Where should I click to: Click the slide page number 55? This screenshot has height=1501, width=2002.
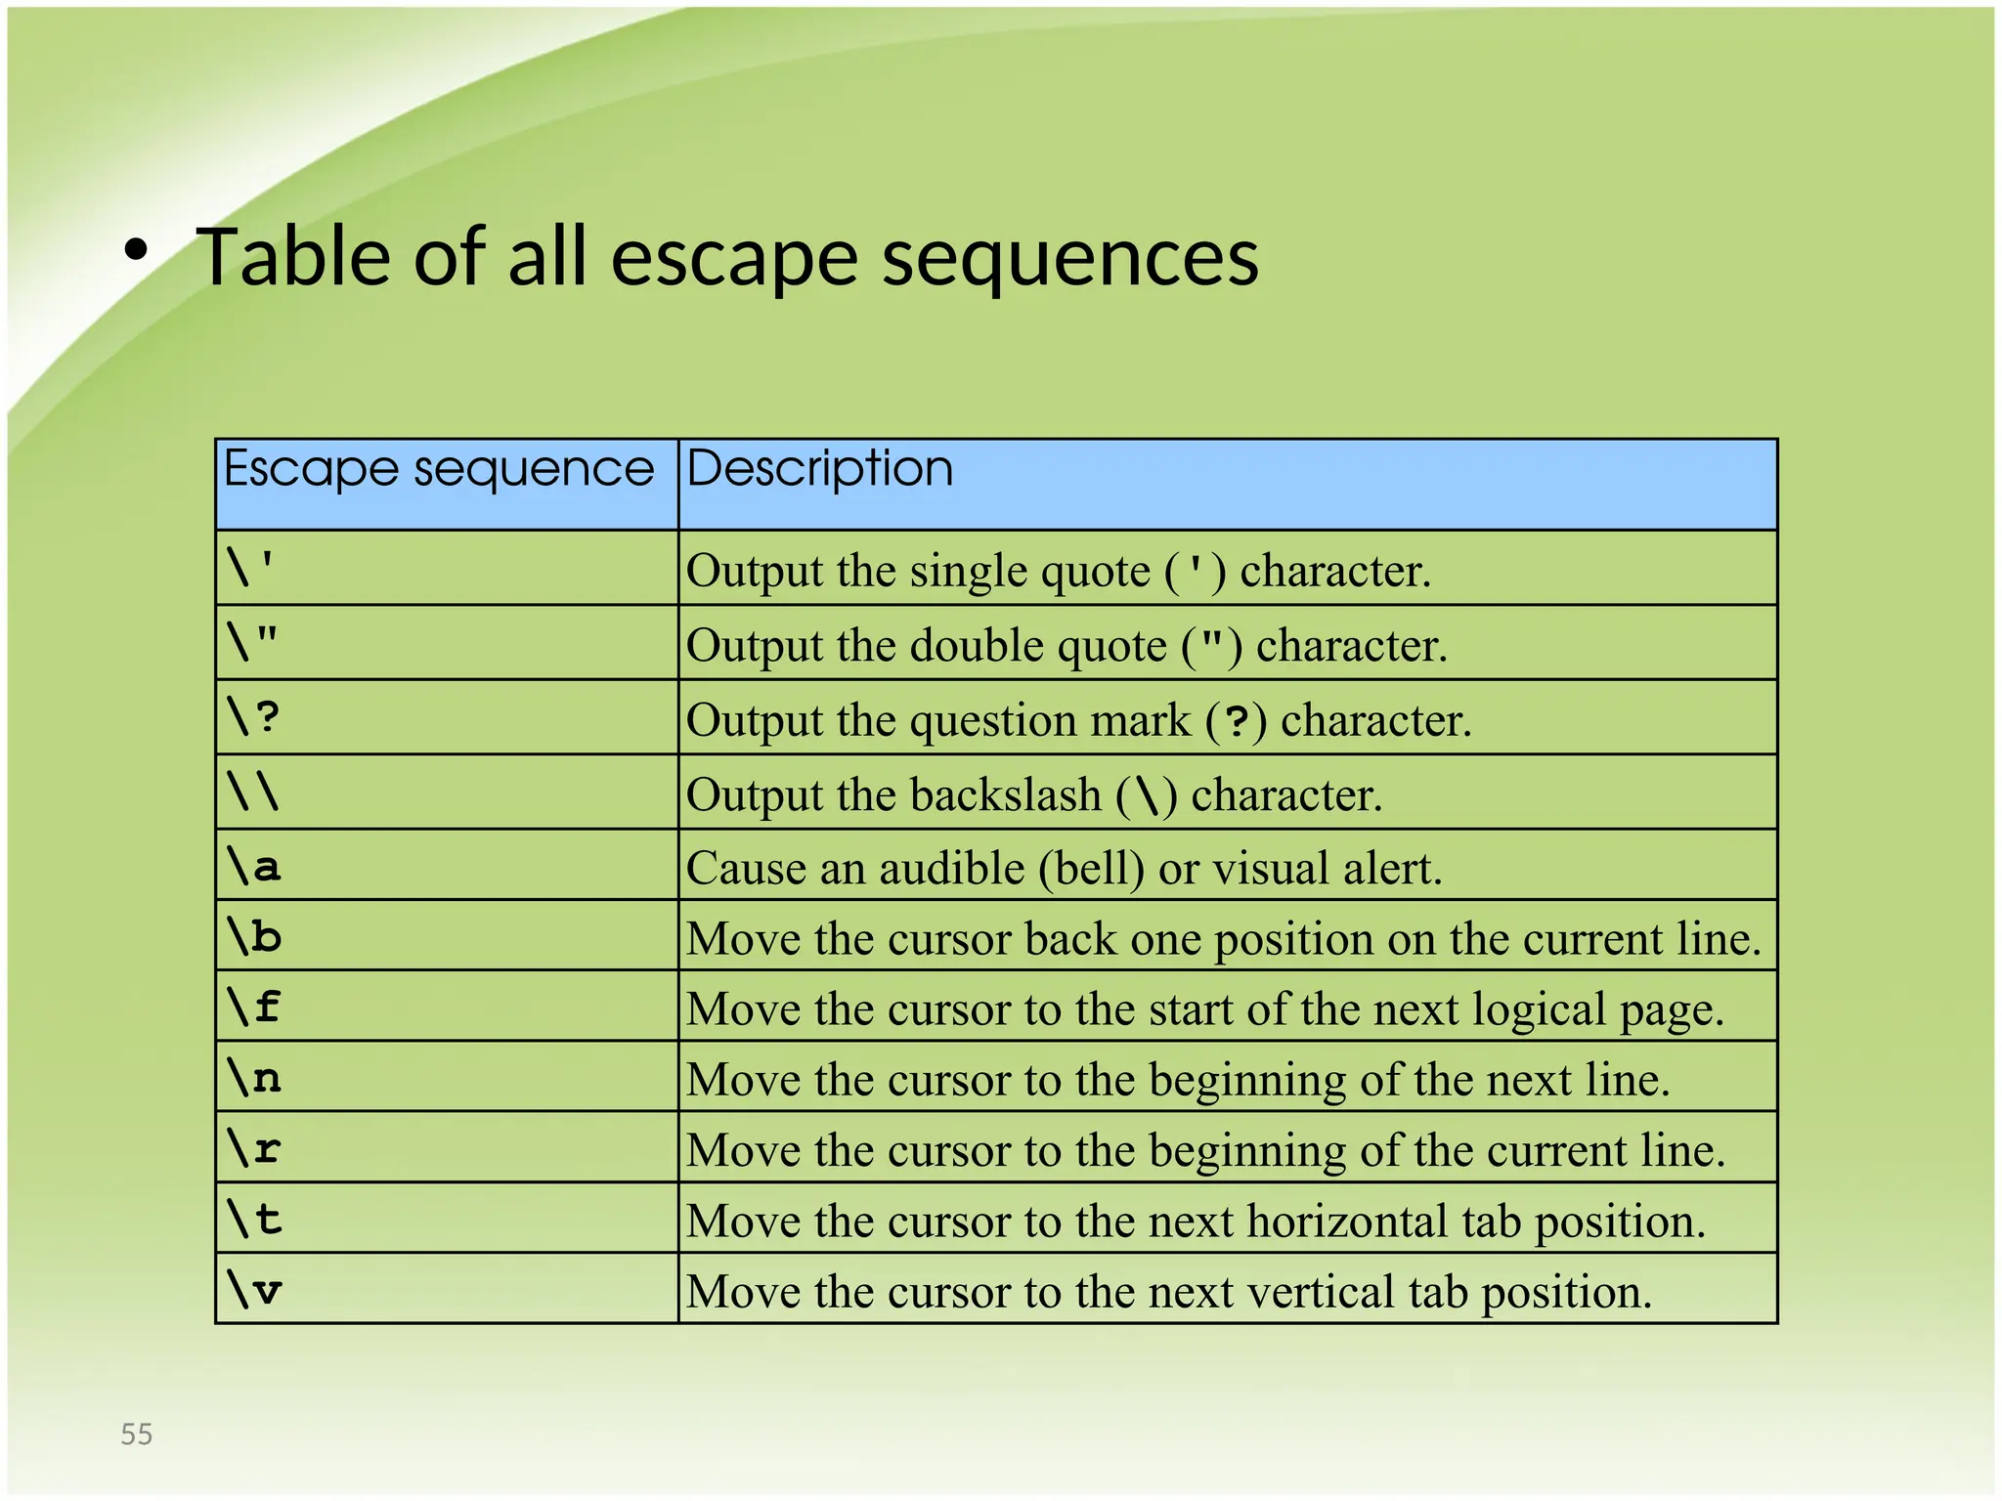(137, 1434)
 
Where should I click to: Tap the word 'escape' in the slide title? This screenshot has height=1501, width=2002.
(734, 258)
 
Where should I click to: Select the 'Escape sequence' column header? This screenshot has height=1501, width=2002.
(438, 469)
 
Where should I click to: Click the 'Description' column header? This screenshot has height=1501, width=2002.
(819, 468)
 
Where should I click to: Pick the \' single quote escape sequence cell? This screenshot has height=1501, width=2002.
(251, 568)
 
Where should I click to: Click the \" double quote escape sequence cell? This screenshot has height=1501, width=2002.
(252, 642)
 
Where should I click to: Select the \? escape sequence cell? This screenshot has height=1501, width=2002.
(253, 717)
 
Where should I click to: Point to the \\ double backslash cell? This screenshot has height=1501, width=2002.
(253, 792)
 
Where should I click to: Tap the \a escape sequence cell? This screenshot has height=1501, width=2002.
(253, 865)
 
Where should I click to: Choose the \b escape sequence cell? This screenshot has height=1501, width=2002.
(253, 935)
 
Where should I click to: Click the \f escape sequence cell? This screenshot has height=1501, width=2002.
(253, 1007)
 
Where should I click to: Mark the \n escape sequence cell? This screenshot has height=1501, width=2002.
(253, 1077)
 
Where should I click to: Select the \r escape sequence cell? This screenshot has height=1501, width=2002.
(253, 1147)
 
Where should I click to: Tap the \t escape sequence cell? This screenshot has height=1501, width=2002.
(253, 1219)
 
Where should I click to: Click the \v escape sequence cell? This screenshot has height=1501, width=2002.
(253, 1289)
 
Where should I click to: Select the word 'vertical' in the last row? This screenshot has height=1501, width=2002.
(1321, 1292)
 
